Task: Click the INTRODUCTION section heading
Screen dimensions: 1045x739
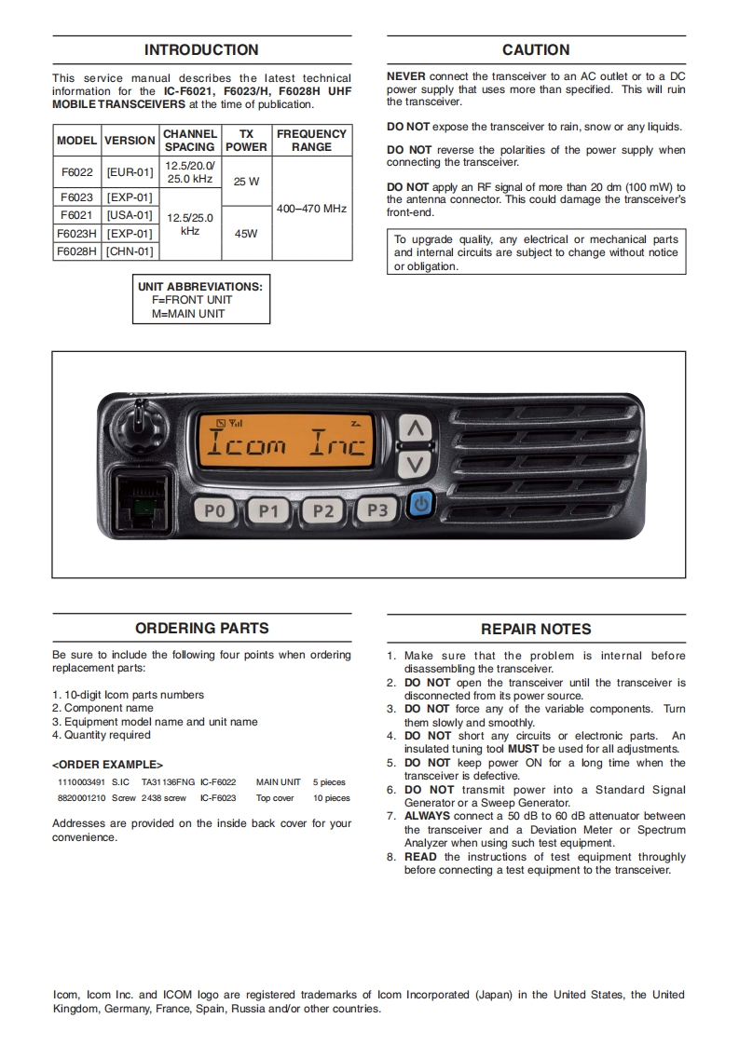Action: (201, 50)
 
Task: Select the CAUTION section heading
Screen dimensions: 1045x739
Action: (536, 50)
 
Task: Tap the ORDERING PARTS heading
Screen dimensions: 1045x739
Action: (201, 629)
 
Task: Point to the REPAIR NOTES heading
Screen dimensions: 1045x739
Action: (536, 630)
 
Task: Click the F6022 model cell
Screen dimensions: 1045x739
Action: (76, 172)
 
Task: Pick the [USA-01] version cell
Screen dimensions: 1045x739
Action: (130, 215)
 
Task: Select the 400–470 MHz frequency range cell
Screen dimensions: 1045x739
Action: (311, 209)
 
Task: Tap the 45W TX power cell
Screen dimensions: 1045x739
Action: (246, 234)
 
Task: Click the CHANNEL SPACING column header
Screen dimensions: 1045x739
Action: (190, 141)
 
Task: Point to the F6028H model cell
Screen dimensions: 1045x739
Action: (76, 251)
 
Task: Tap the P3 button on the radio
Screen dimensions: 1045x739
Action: (377, 509)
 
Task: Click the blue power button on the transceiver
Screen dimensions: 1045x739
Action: (422, 505)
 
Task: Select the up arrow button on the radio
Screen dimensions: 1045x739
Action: (417, 429)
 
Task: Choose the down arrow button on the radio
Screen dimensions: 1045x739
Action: (417, 465)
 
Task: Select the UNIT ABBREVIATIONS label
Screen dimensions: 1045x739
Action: (200, 287)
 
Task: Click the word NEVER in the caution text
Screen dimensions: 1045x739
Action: (406, 77)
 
